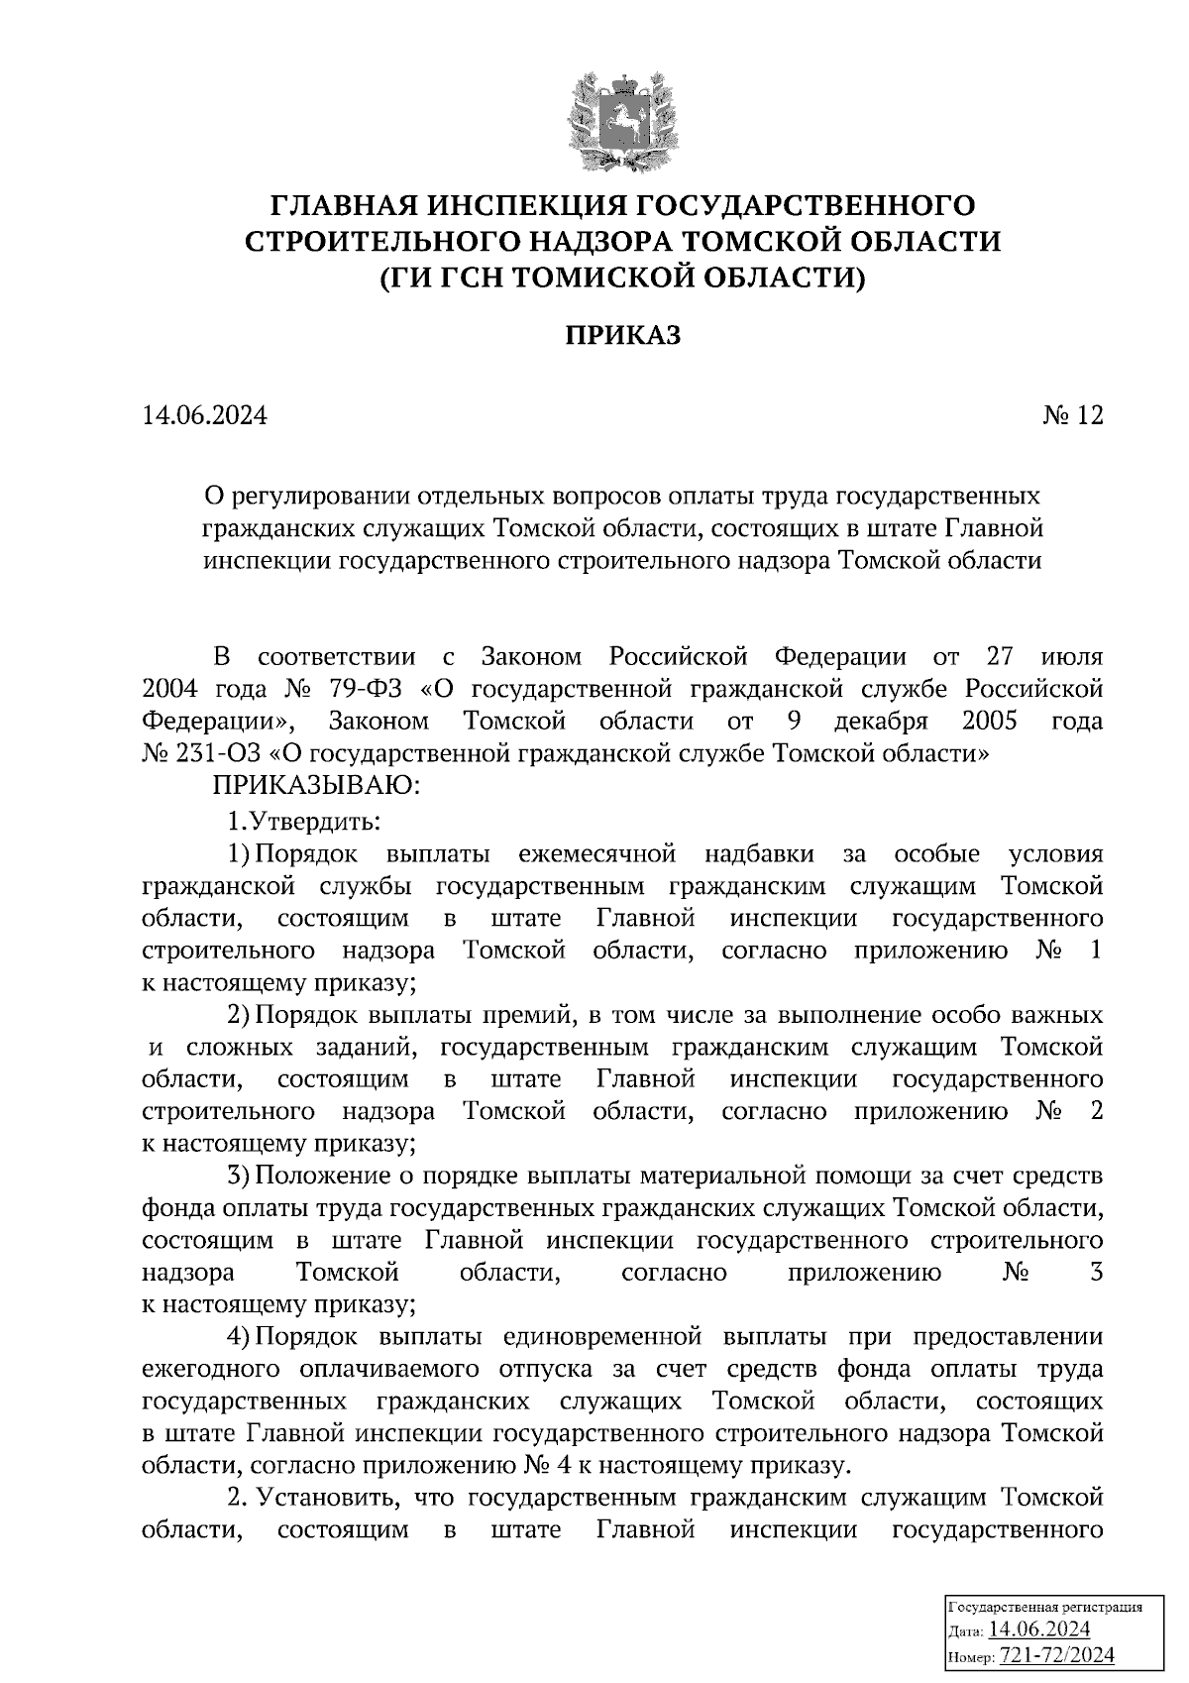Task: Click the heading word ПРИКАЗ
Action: coord(623,336)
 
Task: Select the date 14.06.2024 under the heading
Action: coord(205,415)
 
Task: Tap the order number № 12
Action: coord(1071,415)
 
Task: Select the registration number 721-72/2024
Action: coord(1057,1654)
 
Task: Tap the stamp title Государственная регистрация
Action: coord(1046,1607)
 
